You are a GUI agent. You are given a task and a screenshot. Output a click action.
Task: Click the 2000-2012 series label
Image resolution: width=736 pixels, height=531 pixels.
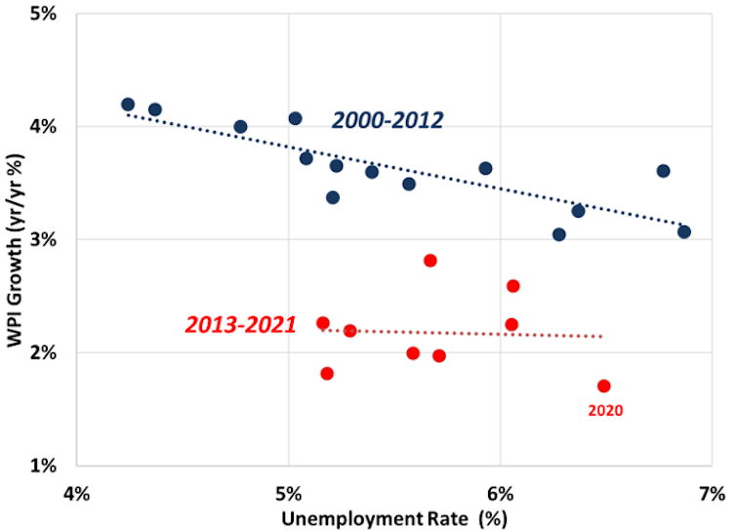click(x=388, y=120)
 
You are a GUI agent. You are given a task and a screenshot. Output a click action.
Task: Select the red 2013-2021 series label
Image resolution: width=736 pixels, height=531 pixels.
click(x=240, y=325)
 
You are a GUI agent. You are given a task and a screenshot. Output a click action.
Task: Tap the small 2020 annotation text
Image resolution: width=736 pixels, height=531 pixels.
click(x=605, y=411)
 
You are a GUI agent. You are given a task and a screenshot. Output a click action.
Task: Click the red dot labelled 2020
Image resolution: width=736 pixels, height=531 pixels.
click(x=604, y=386)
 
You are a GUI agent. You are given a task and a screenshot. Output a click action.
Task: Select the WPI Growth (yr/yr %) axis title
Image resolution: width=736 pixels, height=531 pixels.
click(x=17, y=240)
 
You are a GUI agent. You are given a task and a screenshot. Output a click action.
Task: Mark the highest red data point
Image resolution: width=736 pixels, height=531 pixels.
click(x=430, y=261)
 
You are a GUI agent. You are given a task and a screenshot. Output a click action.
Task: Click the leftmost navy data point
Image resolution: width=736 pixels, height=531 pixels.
click(x=128, y=104)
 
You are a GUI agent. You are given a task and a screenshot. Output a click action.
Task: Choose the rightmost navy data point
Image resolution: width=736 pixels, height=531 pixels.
click(x=684, y=232)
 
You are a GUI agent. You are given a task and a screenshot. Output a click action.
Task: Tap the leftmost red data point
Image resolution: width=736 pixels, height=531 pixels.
click(x=323, y=323)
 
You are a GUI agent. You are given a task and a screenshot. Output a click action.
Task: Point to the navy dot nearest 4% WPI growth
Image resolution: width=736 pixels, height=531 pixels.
click(x=240, y=127)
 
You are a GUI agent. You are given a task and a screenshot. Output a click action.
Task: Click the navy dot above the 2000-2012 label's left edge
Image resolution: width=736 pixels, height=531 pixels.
click(x=296, y=118)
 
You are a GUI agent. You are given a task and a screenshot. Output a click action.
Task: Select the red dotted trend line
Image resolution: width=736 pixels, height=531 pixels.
click(x=469, y=334)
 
